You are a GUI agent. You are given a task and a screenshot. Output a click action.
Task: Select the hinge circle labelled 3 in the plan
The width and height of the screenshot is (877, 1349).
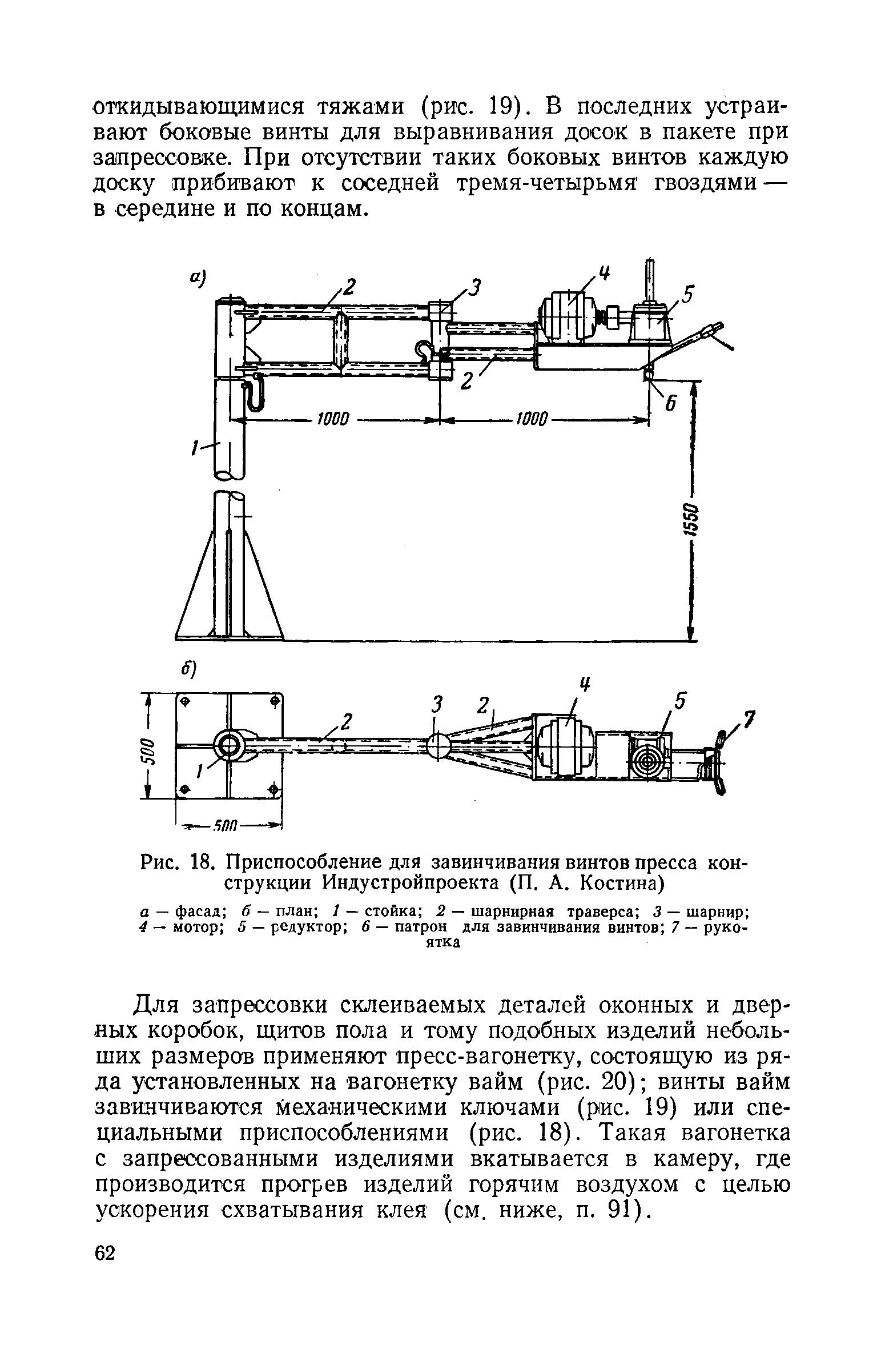pos(438,746)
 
